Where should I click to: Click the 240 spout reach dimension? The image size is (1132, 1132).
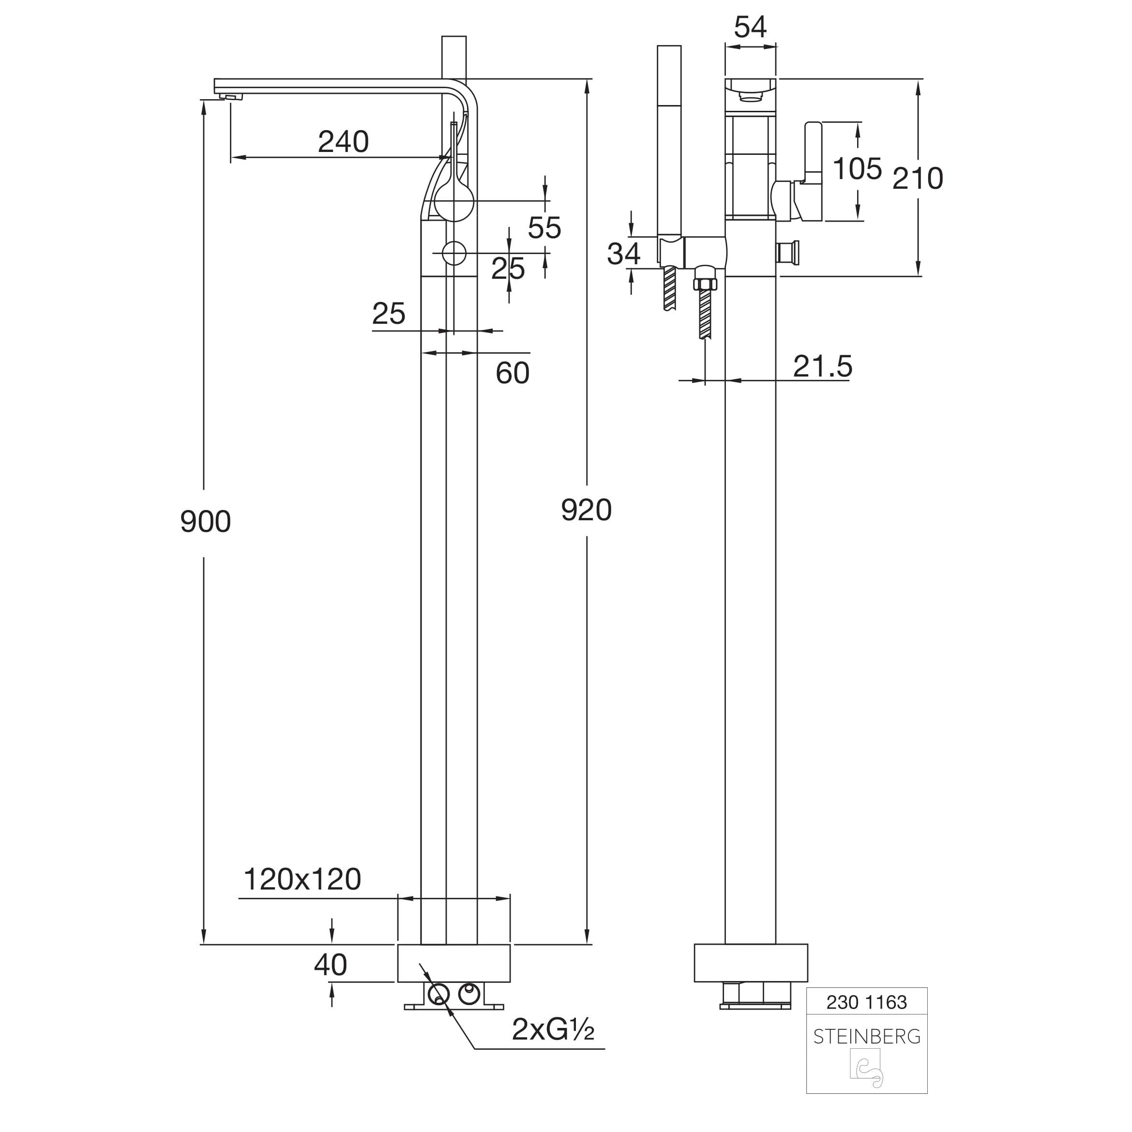click(x=343, y=142)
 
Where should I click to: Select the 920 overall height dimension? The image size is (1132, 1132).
click(x=586, y=509)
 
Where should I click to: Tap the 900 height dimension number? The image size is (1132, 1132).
click(x=205, y=521)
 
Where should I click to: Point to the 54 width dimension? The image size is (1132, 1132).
click(x=750, y=27)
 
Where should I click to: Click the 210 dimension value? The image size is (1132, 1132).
click(x=918, y=178)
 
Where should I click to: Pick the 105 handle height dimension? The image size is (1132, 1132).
click(x=857, y=169)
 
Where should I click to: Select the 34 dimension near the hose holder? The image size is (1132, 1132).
click(x=623, y=254)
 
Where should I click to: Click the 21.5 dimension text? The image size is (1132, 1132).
click(x=822, y=366)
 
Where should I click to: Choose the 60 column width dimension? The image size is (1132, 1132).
click(x=512, y=373)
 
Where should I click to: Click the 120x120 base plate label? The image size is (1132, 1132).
click(x=302, y=879)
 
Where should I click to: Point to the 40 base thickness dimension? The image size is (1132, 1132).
click(x=331, y=965)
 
